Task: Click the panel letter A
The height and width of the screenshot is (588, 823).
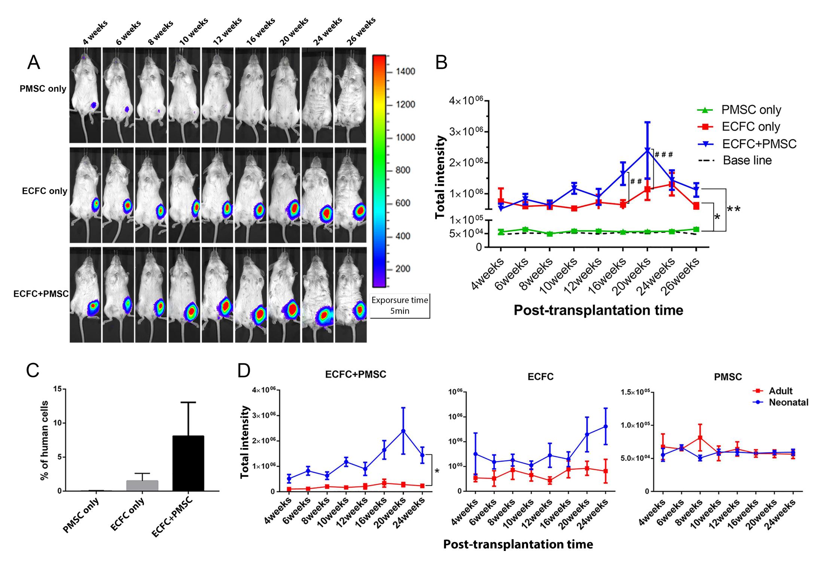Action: click(34, 63)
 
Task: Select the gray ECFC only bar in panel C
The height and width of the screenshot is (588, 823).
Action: click(142, 485)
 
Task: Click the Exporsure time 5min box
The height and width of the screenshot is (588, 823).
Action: click(400, 305)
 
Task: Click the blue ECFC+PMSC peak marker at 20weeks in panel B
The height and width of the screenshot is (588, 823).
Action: click(647, 150)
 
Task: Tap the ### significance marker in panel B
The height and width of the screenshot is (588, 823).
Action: click(664, 154)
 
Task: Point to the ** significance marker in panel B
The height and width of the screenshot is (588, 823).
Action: click(734, 210)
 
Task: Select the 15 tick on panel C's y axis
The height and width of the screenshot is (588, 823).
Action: click(57, 389)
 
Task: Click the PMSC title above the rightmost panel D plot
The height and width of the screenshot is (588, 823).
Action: click(728, 377)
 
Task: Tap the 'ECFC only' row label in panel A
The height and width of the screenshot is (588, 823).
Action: click(45, 191)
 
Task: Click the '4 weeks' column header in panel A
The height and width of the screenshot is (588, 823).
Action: click(95, 33)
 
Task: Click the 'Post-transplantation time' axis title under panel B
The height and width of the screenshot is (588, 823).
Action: click(598, 310)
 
